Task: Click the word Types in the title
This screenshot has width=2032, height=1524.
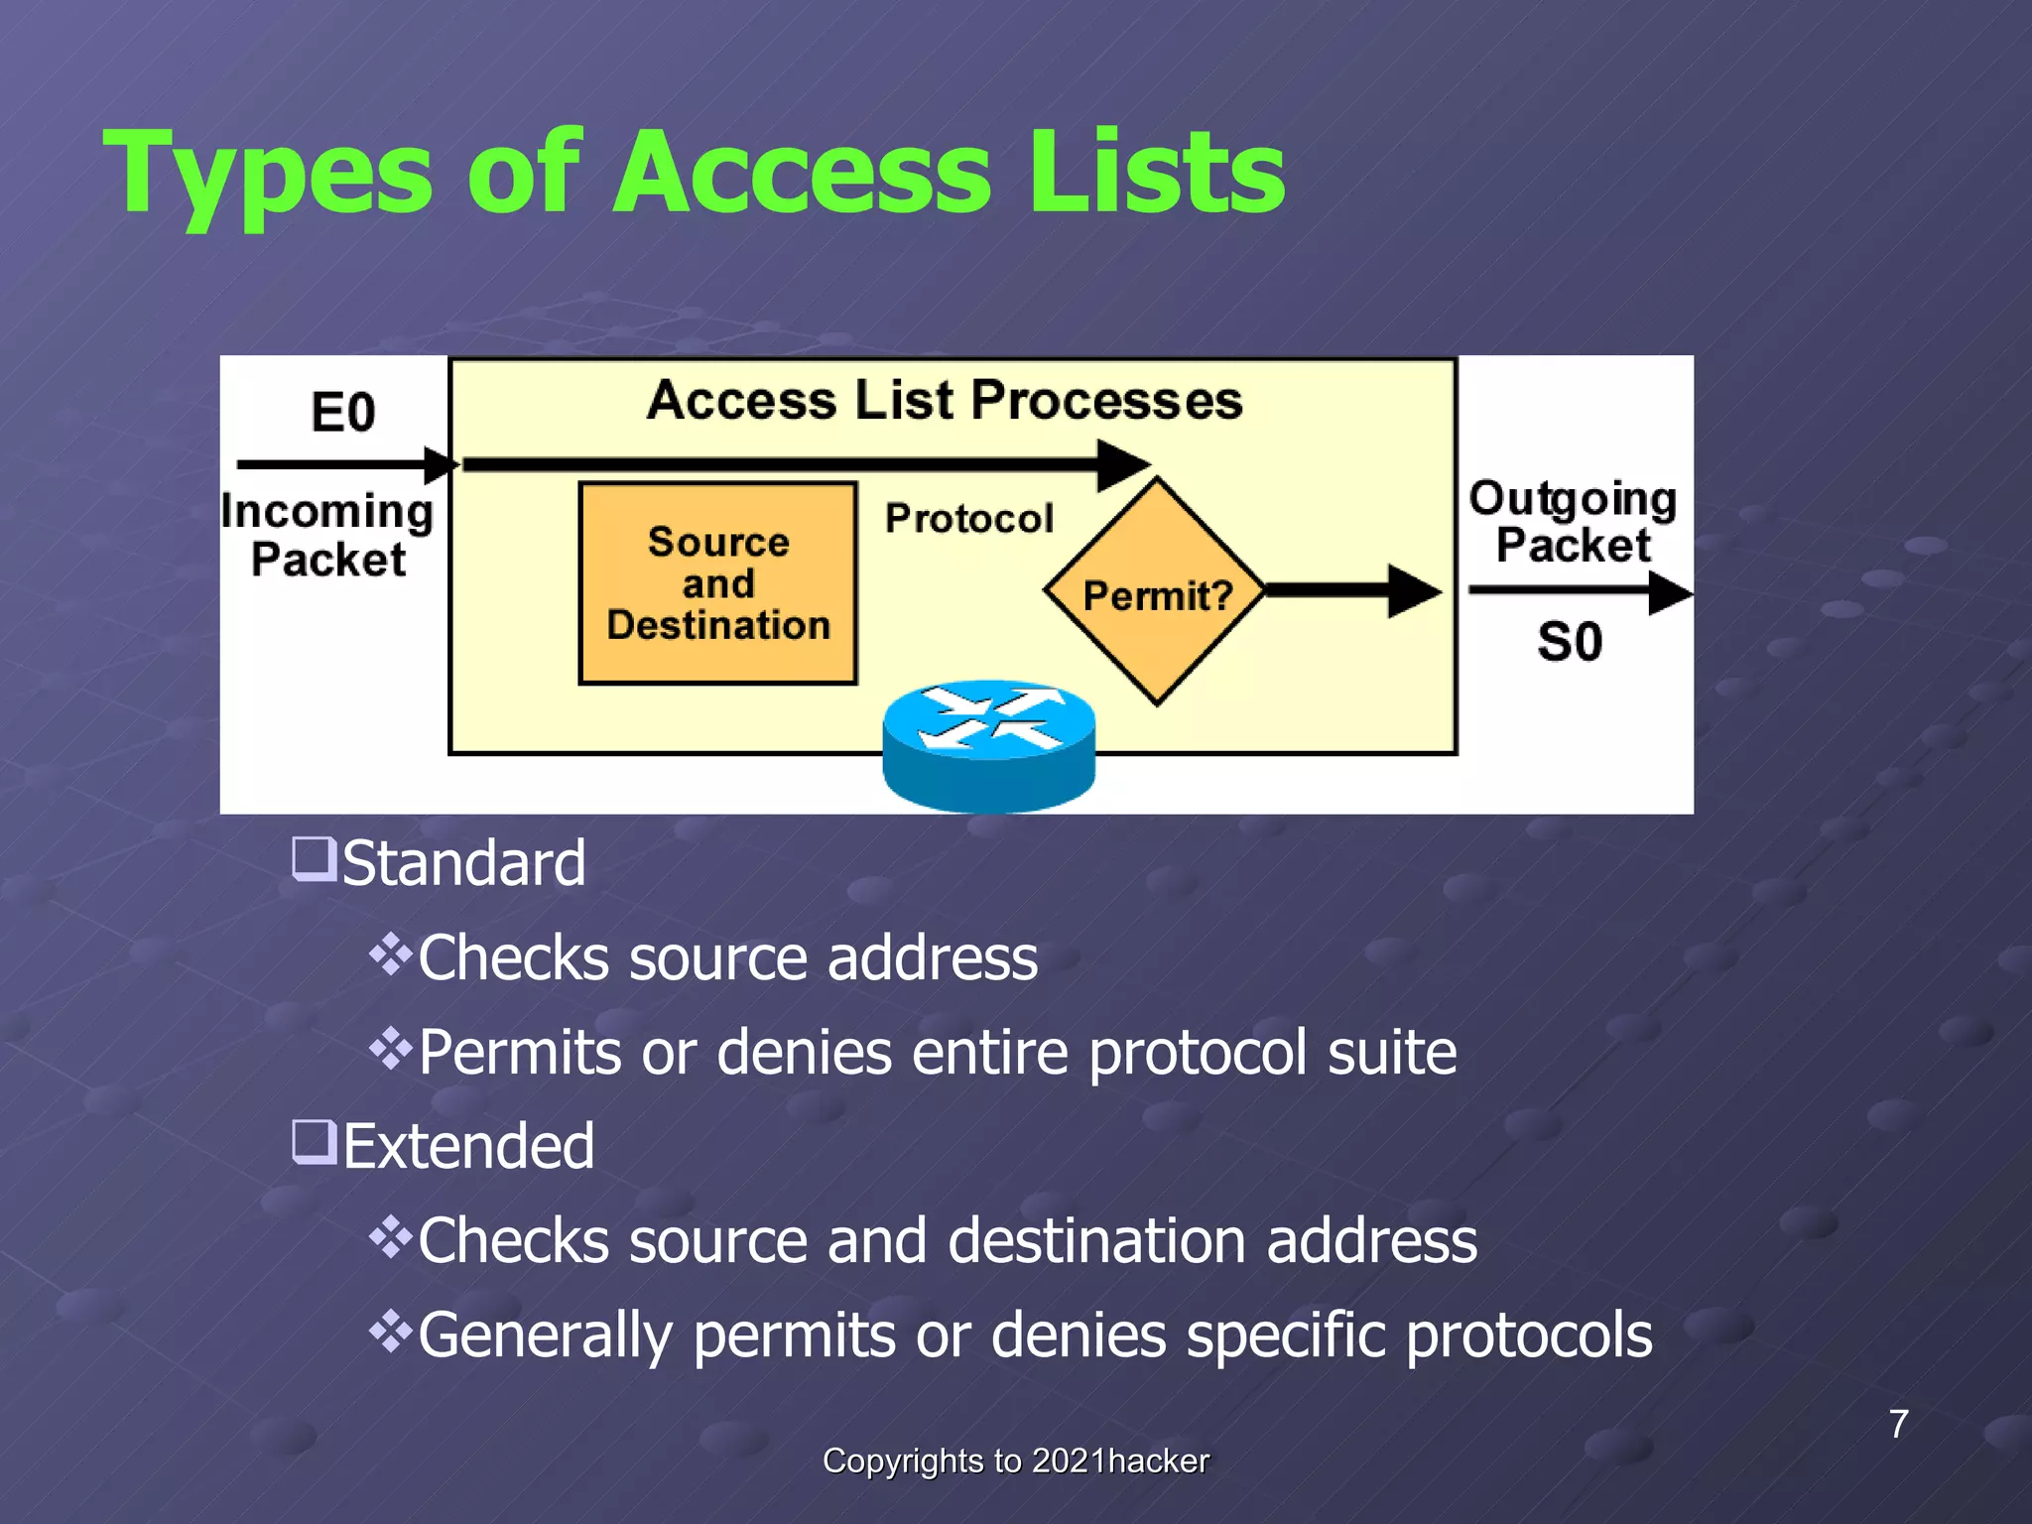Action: point(268,177)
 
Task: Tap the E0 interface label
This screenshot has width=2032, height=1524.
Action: point(343,412)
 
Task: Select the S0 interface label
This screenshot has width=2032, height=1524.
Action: point(1570,642)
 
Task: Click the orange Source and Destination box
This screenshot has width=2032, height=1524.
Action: point(717,583)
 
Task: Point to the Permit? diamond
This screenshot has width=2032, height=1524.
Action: point(1157,593)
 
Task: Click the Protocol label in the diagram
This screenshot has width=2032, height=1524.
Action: point(968,518)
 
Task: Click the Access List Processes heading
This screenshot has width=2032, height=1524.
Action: point(944,401)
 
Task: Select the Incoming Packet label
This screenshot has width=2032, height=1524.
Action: point(327,536)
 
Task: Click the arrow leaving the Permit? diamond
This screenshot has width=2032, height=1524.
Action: point(1353,591)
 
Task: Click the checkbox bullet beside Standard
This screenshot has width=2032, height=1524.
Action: point(314,859)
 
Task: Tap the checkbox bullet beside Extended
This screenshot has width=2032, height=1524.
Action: point(314,1142)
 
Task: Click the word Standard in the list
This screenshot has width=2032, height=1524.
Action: point(463,863)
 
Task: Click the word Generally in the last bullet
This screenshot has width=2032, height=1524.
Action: point(545,1335)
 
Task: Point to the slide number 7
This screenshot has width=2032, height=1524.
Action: point(1898,1424)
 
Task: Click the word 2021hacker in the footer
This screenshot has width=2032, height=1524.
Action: point(1120,1460)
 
